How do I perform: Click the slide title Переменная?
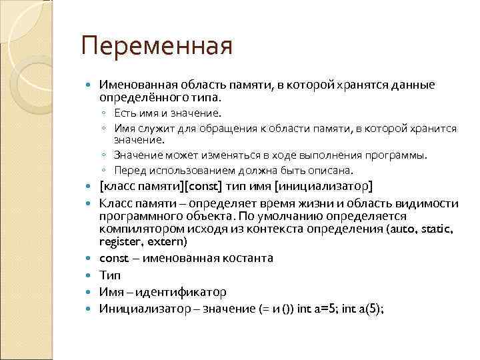tap(156, 47)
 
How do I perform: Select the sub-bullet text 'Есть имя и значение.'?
tap(167, 114)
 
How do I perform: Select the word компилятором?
tap(136, 229)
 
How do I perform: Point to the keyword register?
tap(119, 241)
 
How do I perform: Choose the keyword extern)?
tap(167, 241)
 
